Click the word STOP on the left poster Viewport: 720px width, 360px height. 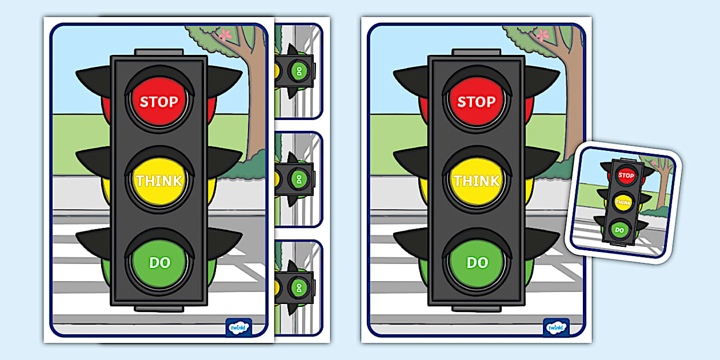(x=159, y=102)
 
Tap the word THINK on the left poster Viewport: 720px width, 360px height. (x=159, y=181)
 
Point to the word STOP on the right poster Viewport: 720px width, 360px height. (x=477, y=102)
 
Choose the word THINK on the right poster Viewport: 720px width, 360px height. (x=477, y=181)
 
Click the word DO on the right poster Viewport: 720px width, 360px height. (x=477, y=262)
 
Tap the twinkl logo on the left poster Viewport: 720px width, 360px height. (x=238, y=327)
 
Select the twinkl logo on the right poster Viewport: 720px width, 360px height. (x=555, y=327)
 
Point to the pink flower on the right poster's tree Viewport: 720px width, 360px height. (x=542, y=34)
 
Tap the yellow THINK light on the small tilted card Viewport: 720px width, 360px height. (x=623, y=202)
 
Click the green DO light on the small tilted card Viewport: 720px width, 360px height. (x=619, y=230)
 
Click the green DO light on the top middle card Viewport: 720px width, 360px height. (x=297, y=71)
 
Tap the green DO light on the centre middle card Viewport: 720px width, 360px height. (x=297, y=179)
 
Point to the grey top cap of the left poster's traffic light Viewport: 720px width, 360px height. (x=159, y=52)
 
